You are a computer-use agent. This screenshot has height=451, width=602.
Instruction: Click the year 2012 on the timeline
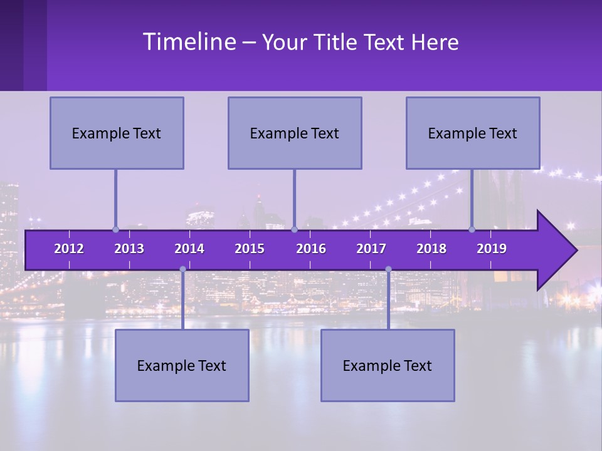coord(69,249)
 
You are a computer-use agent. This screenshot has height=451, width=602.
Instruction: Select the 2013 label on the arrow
coord(129,249)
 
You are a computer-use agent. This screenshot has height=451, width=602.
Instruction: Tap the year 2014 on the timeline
coord(189,249)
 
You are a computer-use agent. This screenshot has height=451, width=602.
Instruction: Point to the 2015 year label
coord(250,249)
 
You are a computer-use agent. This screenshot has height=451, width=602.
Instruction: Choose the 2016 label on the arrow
coord(311,249)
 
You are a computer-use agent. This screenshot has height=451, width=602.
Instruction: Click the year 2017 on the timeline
coord(371,249)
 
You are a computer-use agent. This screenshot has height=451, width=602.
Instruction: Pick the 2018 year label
coord(431,249)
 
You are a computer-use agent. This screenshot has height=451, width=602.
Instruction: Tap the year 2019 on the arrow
coord(492,249)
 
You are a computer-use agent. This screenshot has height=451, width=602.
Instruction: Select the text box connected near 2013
coord(117,133)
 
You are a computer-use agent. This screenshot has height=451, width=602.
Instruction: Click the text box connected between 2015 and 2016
coord(295,133)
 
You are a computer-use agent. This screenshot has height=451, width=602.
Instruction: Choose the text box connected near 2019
coord(473,133)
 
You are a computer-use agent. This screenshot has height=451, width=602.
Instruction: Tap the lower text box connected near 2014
coord(182,365)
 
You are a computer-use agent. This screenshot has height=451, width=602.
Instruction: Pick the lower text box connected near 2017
coord(388,365)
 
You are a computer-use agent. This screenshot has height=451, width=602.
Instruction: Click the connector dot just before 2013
coord(115,229)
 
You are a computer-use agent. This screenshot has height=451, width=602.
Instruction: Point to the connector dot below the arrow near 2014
coord(182,269)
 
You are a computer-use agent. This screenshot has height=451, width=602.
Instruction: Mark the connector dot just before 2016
coord(294,229)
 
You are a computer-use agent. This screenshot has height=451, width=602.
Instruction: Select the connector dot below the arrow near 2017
coord(388,269)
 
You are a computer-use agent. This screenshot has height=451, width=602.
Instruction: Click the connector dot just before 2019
coord(472,229)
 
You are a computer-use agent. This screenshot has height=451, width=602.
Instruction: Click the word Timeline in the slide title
coord(188,42)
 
